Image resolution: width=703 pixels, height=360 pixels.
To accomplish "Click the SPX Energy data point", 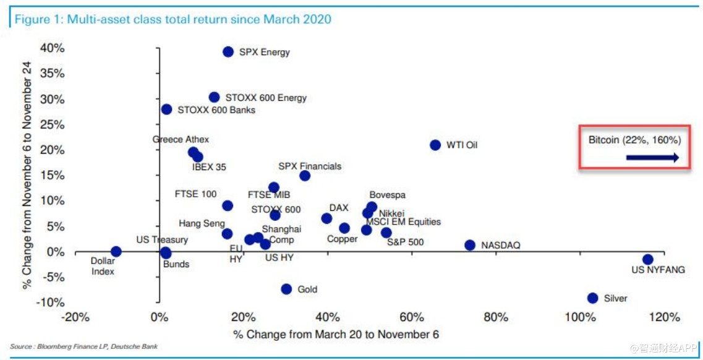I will click(x=228, y=52).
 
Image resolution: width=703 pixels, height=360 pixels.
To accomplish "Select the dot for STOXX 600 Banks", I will click(x=166, y=109).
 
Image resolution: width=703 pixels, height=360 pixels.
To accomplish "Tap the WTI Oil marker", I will click(x=435, y=145).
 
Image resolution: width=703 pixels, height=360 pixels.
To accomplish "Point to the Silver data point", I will click(x=592, y=298).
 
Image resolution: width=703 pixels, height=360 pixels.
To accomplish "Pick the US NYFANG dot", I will click(x=647, y=259).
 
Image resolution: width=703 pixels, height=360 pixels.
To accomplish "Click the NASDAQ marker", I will click(x=470, y=245).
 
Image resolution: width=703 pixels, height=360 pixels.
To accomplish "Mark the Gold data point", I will click(x=286, y=289).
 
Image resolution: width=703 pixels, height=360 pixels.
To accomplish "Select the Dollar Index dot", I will click(x=116, y=251).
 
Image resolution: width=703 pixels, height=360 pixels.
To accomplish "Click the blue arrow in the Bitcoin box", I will click(x=652, y=158).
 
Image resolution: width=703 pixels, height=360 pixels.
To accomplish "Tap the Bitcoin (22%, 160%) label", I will click(x=634, y=140).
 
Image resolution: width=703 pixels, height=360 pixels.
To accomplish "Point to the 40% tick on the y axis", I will click(x=52, y=48).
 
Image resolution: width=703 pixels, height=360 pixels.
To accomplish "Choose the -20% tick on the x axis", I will click(x=75, y=317).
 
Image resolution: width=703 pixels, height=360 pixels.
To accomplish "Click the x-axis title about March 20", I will click(x=336, y=334).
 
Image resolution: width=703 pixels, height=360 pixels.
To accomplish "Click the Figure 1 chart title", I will click(x=173, y=19).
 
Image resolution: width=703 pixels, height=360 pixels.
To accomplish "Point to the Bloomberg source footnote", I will click(x=84, y=346).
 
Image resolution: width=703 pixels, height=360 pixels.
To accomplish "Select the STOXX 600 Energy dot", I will click(x=214, y=97).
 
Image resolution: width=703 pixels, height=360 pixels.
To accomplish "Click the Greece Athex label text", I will click(x=181, y=139).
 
